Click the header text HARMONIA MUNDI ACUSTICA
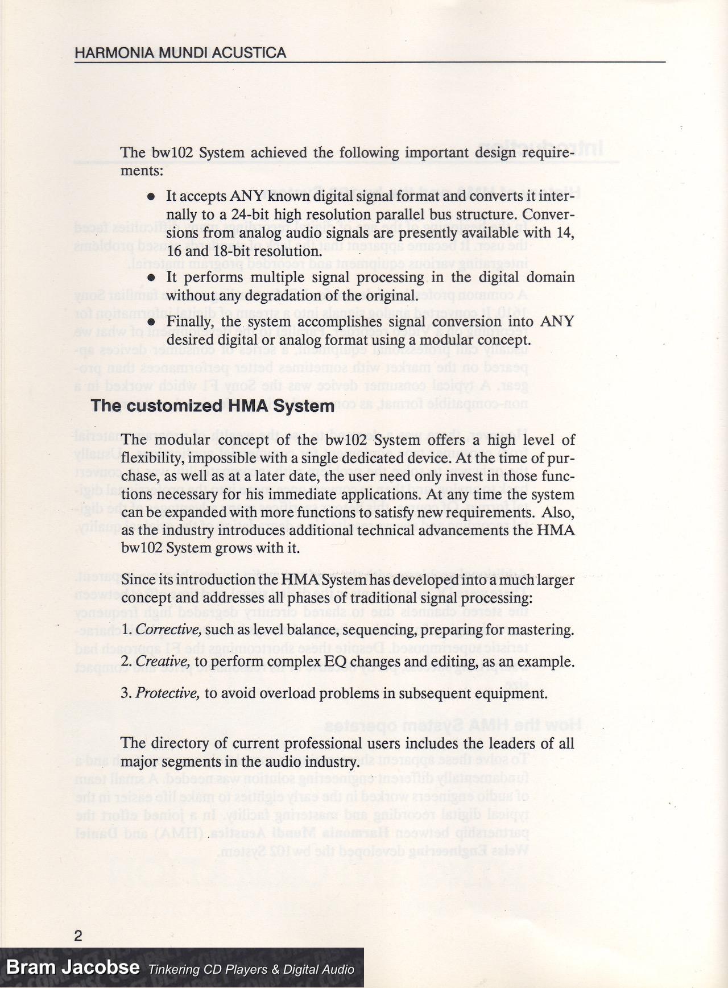(180, 53)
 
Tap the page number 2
(78, 936)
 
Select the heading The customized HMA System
(212, 406)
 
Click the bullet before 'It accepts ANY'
(151, 196)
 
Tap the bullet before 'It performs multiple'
(151, 278)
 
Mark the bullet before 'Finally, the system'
(151, 322)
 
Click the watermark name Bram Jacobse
(73, 968)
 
